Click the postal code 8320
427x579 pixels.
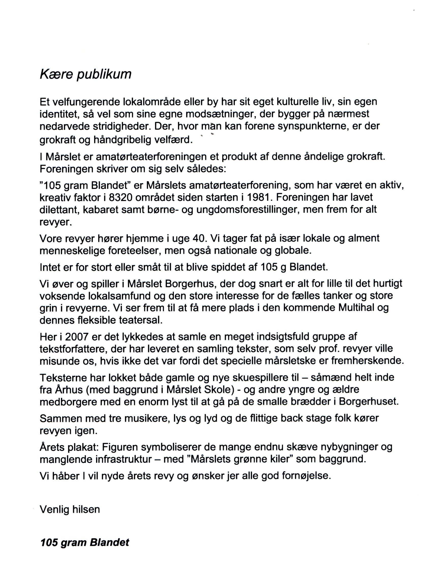pyautogui.click(x=121, y=197)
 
